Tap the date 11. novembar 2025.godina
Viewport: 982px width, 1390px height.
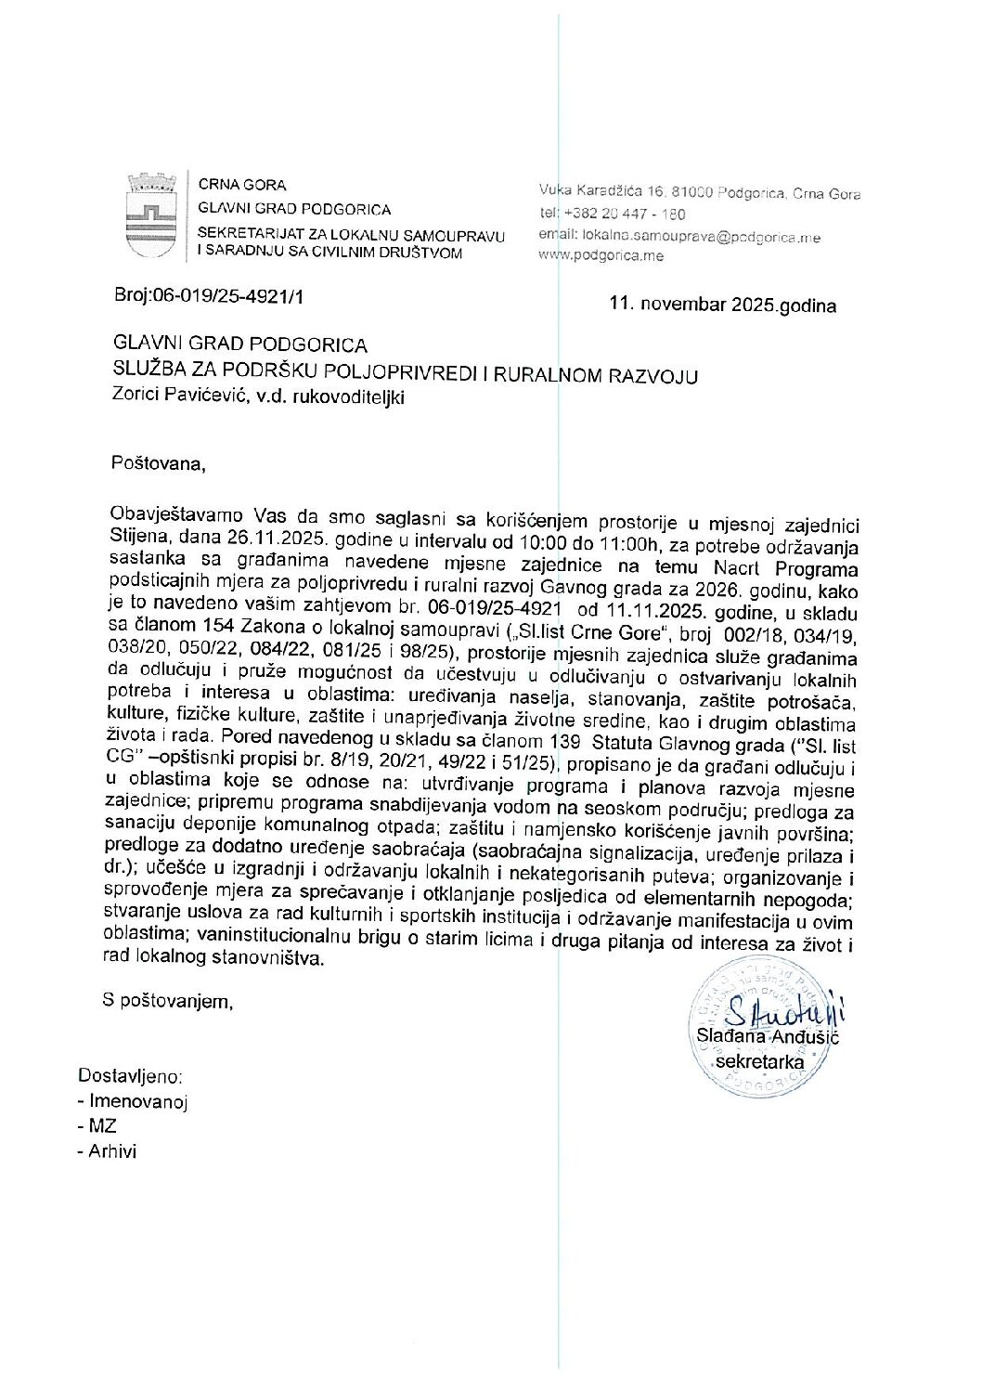pos(722,304)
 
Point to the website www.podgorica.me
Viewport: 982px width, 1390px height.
pos(601,255)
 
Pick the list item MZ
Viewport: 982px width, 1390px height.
pos(103,1126)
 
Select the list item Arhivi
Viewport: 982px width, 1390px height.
pos(112,1151)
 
